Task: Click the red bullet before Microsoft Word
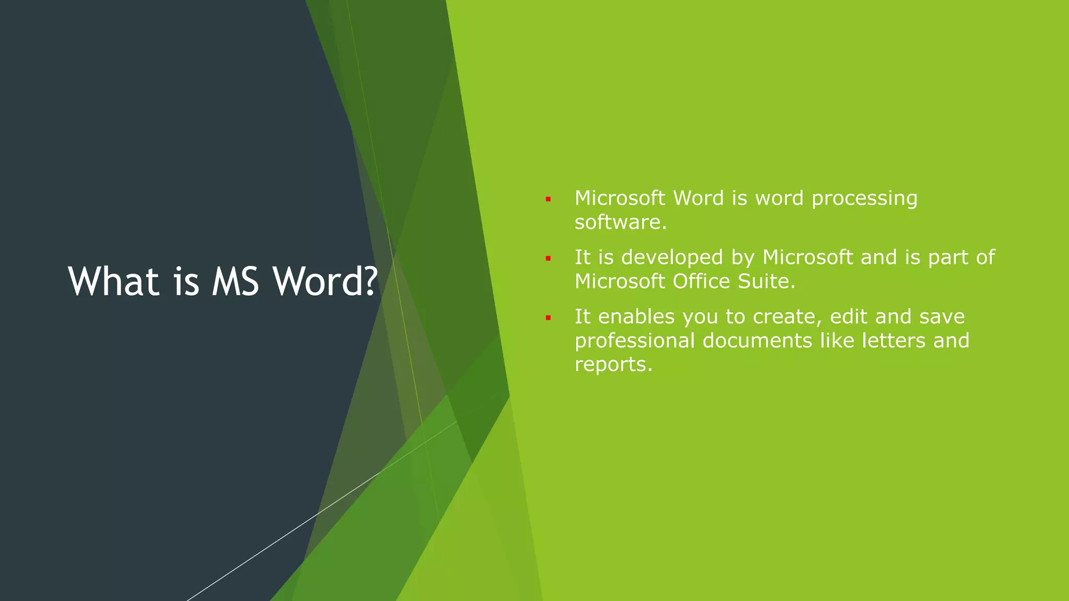click(x=548, y=199)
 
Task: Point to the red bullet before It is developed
click(x=548, y=258)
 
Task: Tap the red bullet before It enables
click(x=548, y=317)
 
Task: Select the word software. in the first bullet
click(x=621, y=222)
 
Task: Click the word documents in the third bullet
click(x=757, y=341)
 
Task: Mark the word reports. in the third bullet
click(x=613, y=365)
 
